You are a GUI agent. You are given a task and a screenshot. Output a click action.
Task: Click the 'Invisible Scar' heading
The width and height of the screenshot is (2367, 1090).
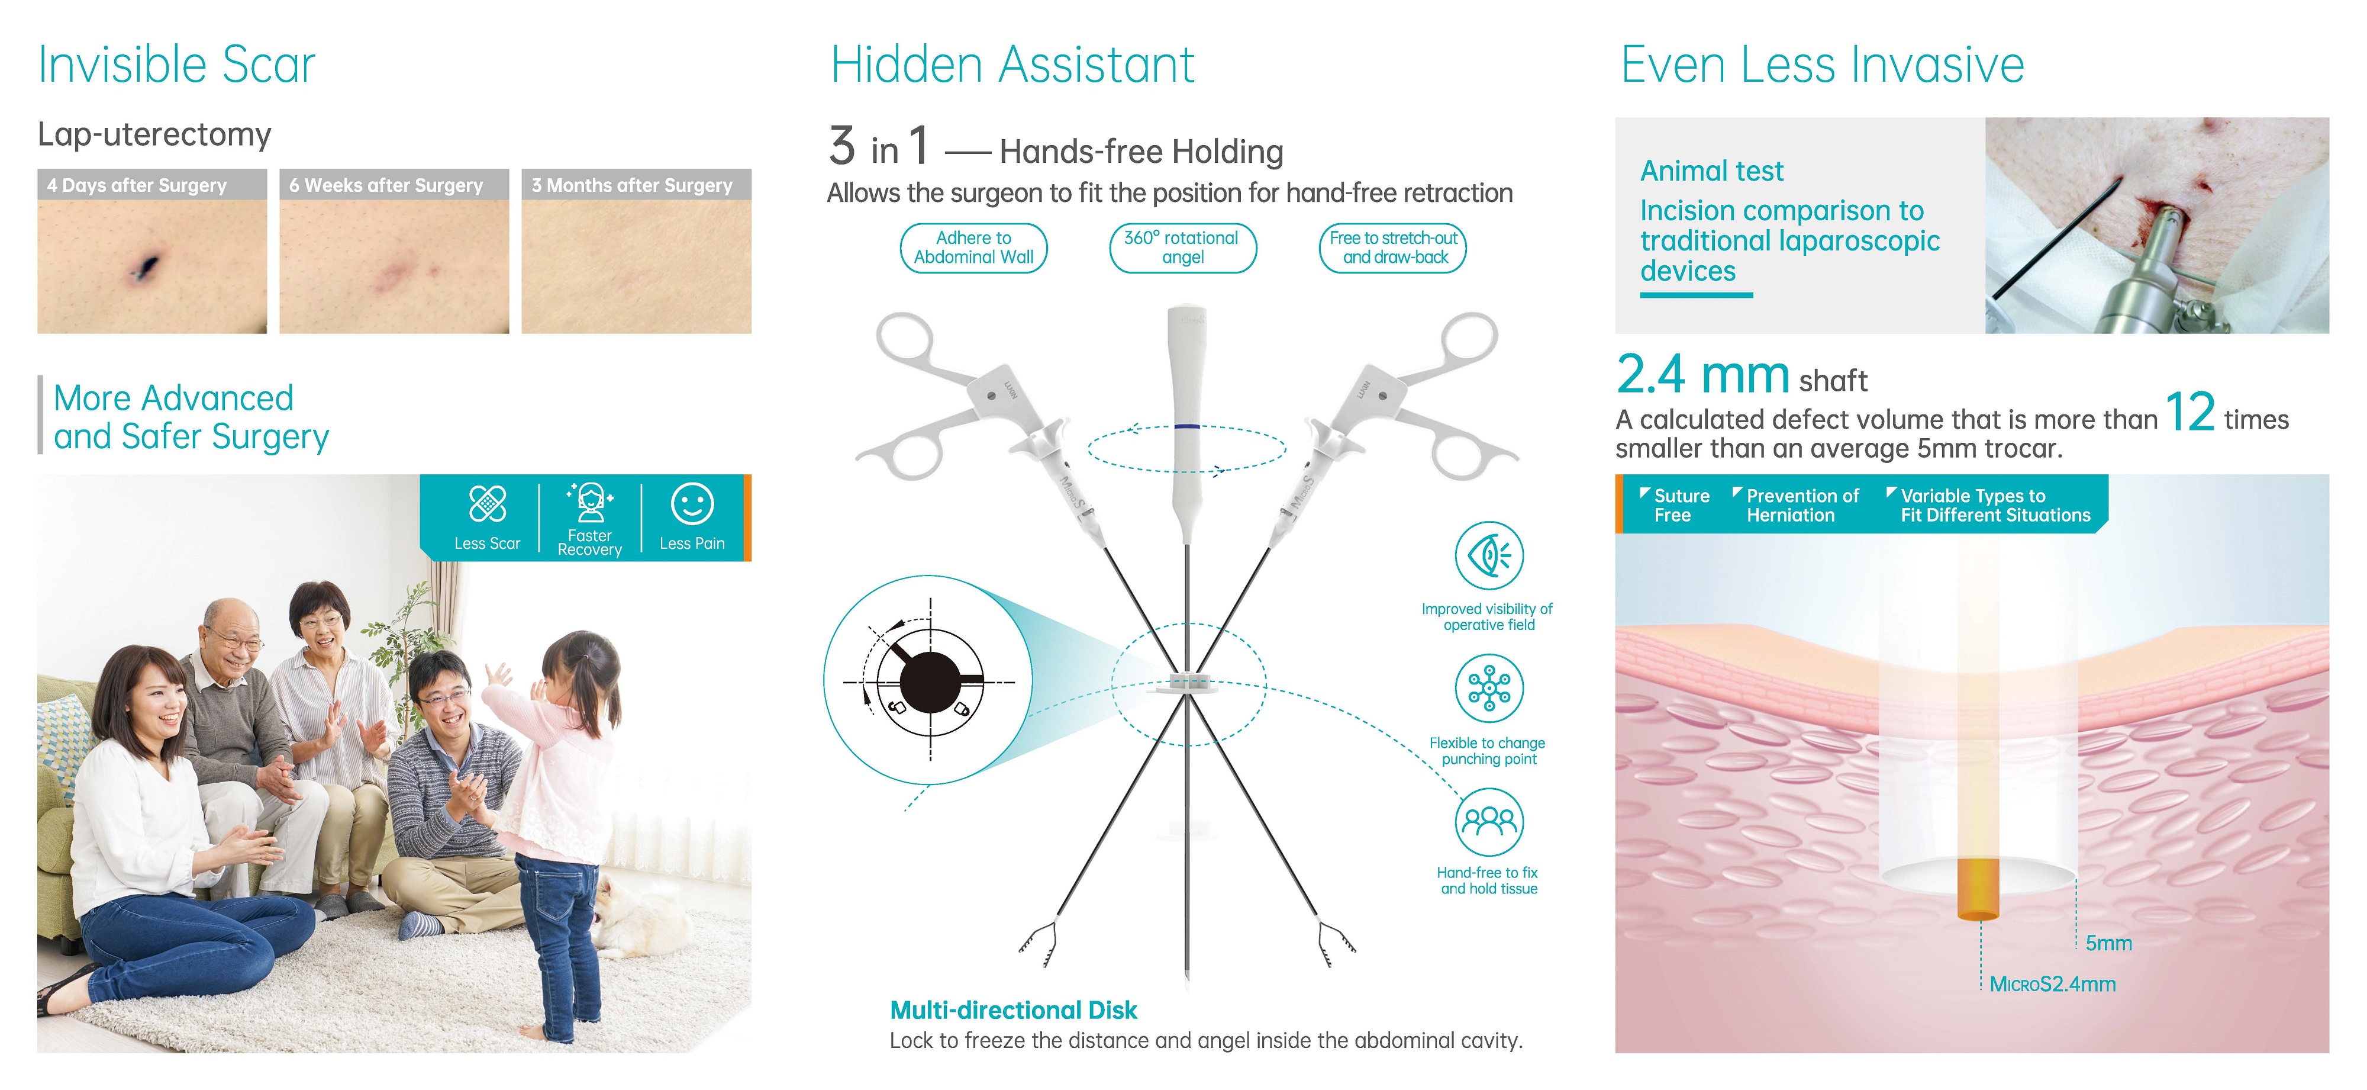point(176,65)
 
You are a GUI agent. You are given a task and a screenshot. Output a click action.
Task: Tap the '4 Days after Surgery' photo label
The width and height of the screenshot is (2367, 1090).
point(137,185)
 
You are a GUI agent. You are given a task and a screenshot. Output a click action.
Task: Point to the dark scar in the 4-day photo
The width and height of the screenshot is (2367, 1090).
point(144,266)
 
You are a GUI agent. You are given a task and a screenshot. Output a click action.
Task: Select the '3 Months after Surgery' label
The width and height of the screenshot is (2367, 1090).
point(632,185)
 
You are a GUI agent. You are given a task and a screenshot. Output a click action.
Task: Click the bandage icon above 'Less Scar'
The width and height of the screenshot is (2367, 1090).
point(487,504)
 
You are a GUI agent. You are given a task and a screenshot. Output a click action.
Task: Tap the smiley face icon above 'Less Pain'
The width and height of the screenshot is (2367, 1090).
point(692,504)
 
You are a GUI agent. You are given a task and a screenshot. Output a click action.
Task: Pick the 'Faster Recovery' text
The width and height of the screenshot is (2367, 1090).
point(590,542)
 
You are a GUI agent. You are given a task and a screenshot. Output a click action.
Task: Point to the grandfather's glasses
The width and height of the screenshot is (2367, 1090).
point(234,639)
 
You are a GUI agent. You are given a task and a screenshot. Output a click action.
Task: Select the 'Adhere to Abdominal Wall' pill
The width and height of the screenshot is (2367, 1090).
point(973,248)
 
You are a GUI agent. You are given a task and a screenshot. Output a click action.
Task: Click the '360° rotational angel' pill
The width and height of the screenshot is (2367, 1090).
point(1182,248)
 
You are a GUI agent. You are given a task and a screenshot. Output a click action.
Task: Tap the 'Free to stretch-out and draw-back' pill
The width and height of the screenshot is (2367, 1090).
point(1393,248)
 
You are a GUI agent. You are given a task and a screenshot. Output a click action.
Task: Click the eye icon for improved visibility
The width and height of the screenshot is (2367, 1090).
point(1489,556)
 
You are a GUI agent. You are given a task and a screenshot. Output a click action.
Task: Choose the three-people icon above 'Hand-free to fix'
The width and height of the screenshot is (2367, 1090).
point(1489,822)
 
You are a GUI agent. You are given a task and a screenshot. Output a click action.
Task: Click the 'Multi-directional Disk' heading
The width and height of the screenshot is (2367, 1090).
point(1014,1010)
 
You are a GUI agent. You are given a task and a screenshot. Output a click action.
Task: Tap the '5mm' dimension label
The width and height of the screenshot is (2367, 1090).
point(2109,943)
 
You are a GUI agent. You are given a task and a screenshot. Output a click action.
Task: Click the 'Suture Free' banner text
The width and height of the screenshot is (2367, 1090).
point(1681,506)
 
